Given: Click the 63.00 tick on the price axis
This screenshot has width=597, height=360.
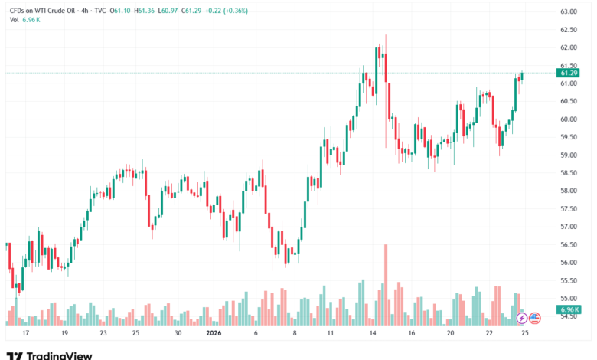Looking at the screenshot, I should pos(568,12).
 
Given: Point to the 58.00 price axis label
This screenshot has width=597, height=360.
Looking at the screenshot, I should pos(568,191).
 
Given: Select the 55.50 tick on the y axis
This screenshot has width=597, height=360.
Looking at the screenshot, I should pos(568,280).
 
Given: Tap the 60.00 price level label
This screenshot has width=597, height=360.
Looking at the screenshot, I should pos(568,119).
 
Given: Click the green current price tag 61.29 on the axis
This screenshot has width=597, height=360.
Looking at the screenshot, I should pos(569,73).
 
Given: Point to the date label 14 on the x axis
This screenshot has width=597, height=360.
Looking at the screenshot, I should pos(370,333).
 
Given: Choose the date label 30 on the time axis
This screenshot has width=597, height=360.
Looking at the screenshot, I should pos(177,333).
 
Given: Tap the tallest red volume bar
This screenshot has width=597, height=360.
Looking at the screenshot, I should pos(386,283).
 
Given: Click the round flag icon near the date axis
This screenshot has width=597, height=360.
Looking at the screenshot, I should pos(535,317).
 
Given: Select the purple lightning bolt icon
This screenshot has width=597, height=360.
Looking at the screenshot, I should pos(522,317).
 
